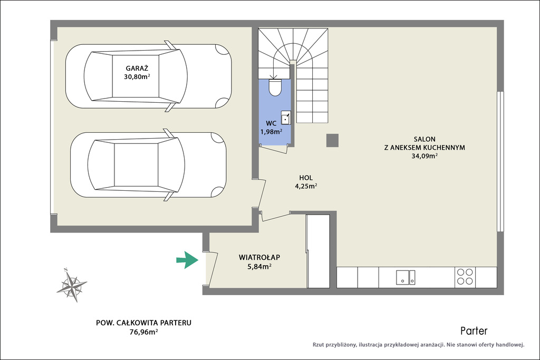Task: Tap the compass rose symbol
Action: [72, 285]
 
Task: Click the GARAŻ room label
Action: [137, 69]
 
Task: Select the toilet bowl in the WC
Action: [275, 87]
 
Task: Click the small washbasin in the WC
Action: [286, 118]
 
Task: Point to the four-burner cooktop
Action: [465, 277]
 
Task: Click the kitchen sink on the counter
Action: [406, 277]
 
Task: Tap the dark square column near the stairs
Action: [332, 140]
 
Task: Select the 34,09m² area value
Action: [425, 156]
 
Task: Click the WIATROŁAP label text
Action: [259, 257]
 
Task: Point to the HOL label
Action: [306, 178]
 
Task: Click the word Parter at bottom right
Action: [474, 331]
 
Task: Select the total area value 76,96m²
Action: [143, 332]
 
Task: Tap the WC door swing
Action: [274, 149]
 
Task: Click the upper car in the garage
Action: [148, 76]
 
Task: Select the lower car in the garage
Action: [148, 165]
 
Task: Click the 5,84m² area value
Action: [259, 266]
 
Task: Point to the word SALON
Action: [425, 139]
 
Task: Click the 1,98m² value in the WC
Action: [271, 131]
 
